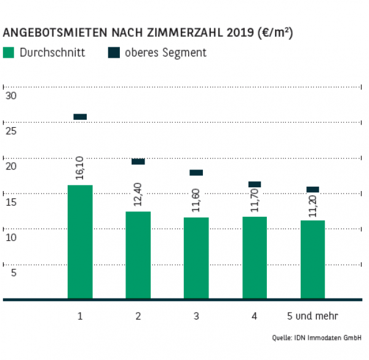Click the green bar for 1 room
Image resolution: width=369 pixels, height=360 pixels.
(x=80, y=242)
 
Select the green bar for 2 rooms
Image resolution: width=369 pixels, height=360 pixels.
(x=138, y=255)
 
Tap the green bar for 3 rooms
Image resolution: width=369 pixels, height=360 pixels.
(x=196, y=258)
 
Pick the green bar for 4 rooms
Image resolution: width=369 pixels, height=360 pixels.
(x=254, y=257)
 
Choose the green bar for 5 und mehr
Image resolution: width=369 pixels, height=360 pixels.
(x=312, y=259)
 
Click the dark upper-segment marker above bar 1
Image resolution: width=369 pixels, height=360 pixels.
(x=80, y=117)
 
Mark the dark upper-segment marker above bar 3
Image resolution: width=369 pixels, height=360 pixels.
(x=196, y=173)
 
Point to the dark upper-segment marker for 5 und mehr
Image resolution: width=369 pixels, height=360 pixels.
(x=312, y=189)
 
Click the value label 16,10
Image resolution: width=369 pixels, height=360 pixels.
(x=79, y=166)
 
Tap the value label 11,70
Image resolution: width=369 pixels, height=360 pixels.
(x=254, y=200)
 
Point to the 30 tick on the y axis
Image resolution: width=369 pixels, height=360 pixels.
(x=10, y=96)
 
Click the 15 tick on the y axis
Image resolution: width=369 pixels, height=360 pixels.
(x=10, y=202)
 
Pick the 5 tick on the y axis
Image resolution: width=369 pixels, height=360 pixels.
(x=10, y=273)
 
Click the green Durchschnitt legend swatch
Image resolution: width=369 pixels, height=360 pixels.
(x=9, y=53)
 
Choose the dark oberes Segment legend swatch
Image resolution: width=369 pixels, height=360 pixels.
(x=114, y=53)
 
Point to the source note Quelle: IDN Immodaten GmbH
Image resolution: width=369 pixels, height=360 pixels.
(x=317, y=338)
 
